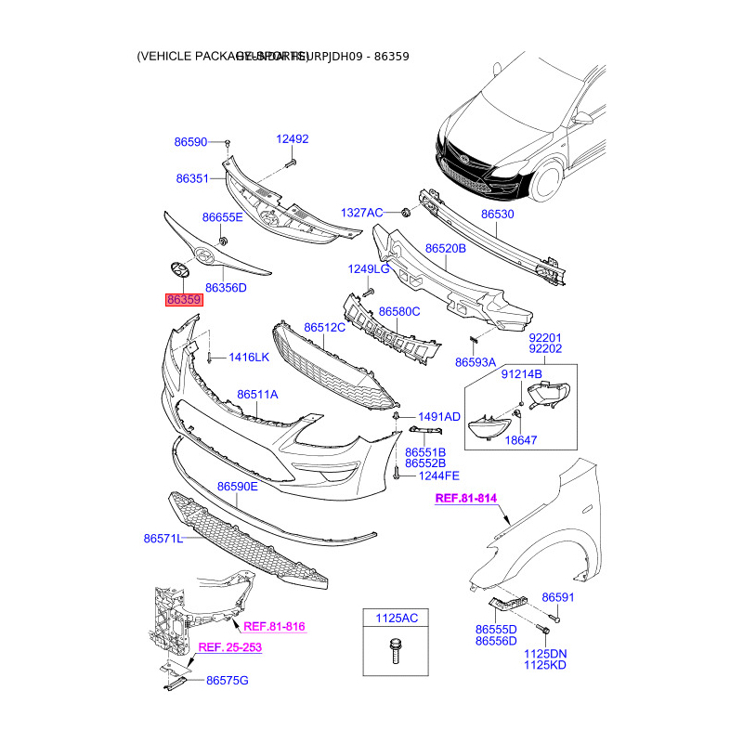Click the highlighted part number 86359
(184, 300)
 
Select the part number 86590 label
(190, 143)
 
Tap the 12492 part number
(292, 139)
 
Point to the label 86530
(497, 215)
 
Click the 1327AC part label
(361, 213)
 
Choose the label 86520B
(446, 249)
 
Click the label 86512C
(324, 328)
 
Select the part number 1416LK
(249, 357)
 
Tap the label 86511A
(257, 395)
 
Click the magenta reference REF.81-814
(466, 499)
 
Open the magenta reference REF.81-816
(274, 627)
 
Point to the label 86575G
(228, 681)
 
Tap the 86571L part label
(163, 538)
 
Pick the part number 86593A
(476, 362)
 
